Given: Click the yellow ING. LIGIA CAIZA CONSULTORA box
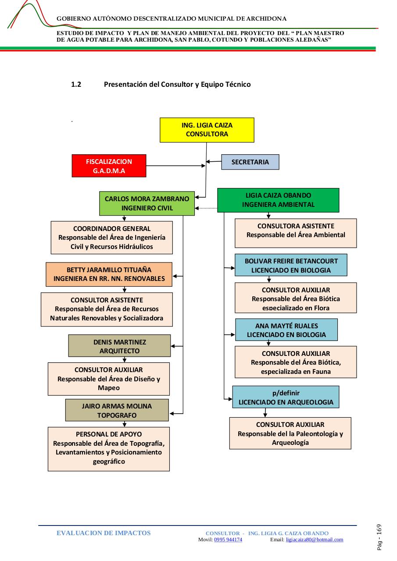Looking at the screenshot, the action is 207,130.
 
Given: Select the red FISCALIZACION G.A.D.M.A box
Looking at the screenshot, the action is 109,166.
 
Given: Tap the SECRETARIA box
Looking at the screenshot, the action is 250,162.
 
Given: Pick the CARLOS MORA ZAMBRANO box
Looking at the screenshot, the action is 147,203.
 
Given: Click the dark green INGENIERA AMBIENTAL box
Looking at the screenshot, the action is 278,200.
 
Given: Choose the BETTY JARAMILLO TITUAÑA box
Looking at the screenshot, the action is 109,274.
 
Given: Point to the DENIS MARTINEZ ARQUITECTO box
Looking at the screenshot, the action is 120,346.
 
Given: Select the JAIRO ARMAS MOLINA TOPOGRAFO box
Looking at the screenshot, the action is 117,410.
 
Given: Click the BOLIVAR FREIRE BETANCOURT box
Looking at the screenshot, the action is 291,265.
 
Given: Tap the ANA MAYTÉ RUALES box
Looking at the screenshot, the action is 286,330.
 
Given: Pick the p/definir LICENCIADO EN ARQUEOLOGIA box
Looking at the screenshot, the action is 286,397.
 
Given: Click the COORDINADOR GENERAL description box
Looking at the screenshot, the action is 112,238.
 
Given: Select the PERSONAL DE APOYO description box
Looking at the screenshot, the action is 109,449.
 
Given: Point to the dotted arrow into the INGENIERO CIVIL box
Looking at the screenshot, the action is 206,208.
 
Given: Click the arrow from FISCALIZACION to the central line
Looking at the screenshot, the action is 176,166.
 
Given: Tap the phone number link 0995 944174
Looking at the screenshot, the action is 228,540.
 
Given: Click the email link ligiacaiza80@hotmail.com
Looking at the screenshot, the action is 315,540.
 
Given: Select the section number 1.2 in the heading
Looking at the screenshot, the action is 76,85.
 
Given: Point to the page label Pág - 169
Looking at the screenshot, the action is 379,537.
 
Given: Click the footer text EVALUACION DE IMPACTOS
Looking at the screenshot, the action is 104,533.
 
